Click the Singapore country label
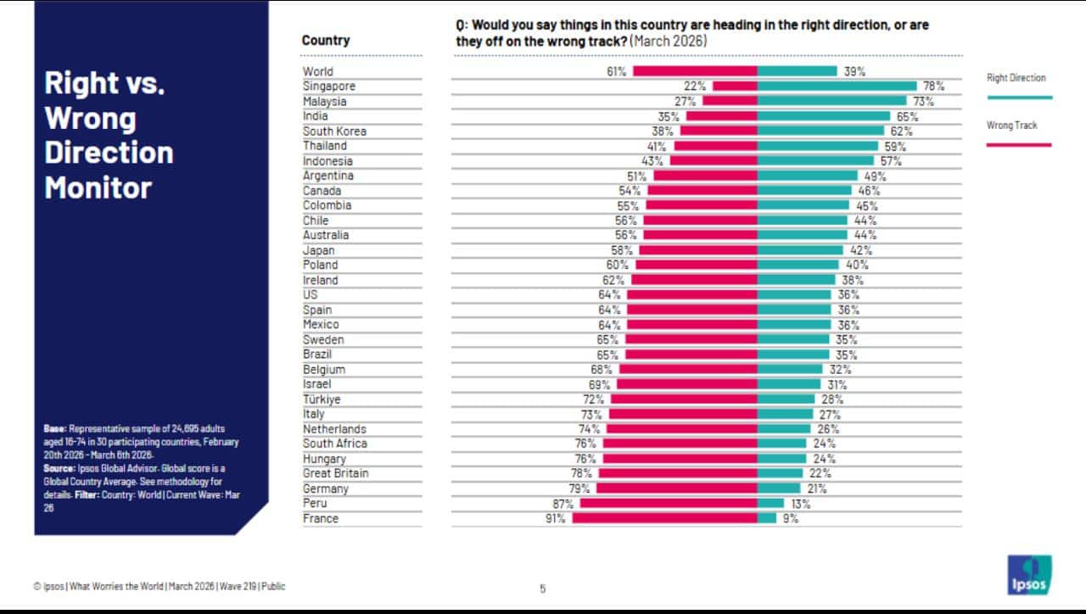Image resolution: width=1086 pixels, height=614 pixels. click(x=329, y=87)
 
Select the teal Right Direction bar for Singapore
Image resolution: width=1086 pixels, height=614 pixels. click(x=837, y=87)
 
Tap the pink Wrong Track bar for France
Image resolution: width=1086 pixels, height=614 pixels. click(x=664, y=518)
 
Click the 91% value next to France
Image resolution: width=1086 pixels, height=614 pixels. click(x=556, y=518)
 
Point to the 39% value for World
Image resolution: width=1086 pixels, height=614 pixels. click(x=854, y=72)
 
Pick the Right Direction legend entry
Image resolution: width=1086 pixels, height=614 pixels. click(x=1016, y=78)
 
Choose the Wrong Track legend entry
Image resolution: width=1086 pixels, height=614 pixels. click(x=1011, y=126)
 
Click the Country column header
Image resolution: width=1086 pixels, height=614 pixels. click(x=326, y=41)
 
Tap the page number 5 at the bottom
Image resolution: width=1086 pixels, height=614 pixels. click(x=543, y=588)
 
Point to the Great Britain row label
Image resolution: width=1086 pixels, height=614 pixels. click(x=336, y=473)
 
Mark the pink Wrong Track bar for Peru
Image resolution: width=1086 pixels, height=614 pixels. click(x=668, y=504)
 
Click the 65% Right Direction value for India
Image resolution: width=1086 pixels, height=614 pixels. click(x=907, y=116)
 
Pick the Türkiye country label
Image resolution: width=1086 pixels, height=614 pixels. click(x=322, y=399)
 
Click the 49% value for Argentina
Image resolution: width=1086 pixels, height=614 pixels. click(x=875, y=176)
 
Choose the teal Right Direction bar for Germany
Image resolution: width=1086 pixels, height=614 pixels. click(x=778, y=488)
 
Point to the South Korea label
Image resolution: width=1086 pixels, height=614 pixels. click(x=334, y=131)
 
